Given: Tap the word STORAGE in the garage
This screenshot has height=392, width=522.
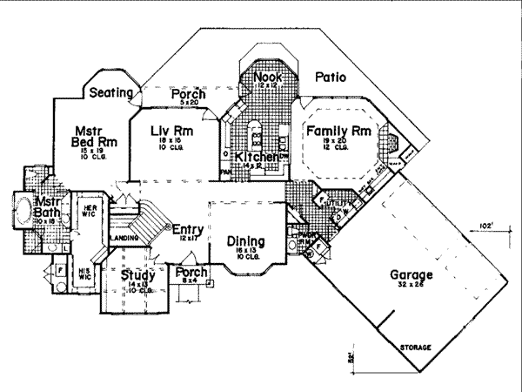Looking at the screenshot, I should point(416,347).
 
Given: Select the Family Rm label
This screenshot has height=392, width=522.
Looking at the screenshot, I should point(338,131).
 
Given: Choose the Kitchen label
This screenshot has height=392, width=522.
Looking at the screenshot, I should point(254,157).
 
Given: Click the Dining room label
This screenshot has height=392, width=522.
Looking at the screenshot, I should point(247,240).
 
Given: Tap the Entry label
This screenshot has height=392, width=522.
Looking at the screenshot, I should point(188,230).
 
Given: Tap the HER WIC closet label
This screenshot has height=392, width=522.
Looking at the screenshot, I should point(89,212).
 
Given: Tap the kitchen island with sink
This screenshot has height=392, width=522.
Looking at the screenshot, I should point(257,135).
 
